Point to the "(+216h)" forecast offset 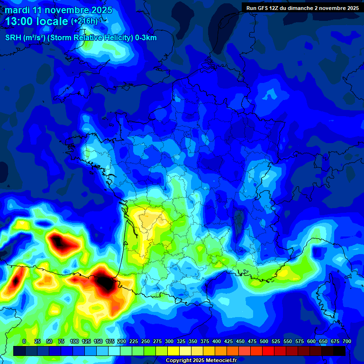pos(84,21)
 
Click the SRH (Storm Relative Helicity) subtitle pos(81,38)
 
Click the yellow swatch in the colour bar pos(173,351)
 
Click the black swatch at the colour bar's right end pos(339,351)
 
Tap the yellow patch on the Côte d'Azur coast pos(284,273)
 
